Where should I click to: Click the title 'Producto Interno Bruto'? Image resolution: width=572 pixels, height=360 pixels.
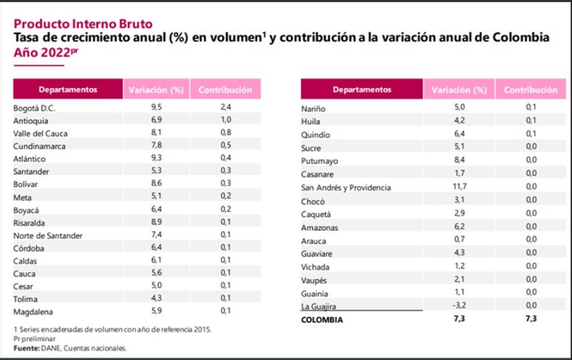[83, 24]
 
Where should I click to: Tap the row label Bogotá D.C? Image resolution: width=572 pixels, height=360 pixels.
[35, 107]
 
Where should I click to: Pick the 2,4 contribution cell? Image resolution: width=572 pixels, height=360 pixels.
[225, 107]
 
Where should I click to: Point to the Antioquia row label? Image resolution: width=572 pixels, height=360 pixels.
[30, 120]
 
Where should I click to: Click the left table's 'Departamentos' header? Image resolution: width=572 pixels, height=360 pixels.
[68, 89]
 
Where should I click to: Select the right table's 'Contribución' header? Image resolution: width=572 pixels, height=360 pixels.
[530, 89]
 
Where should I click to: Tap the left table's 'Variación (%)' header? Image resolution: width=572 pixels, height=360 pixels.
[156, 89]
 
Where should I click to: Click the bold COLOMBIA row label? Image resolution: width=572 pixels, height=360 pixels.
[322, 320]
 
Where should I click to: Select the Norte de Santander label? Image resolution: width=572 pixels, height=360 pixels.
[48, 235]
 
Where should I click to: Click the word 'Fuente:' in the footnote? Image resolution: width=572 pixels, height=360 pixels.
[25, 348]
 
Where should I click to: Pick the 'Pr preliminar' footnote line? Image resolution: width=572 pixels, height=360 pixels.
[34, 339]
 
